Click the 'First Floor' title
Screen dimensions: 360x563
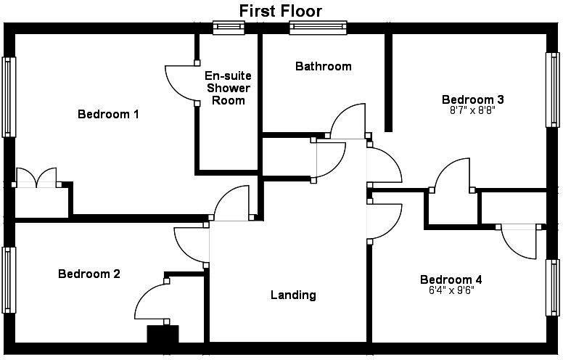click(x=281, y=10)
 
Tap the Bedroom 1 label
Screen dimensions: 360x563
click(x=108, y=114)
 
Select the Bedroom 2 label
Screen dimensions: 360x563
click(x=89, y=274)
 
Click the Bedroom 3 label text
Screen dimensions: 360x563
click(x=473, y=99)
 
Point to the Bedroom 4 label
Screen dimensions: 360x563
click(x=451, y=279)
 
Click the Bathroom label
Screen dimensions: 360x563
click(x=323, y=66)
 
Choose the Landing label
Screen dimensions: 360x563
click(x=293, y=295)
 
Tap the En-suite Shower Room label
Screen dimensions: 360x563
click(x=229, y=88)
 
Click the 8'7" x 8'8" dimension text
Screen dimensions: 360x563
click(x=473, y=112)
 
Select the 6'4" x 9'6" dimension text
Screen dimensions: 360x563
click(x=451, y=292)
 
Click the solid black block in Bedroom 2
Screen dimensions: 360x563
click(x=163, y=335)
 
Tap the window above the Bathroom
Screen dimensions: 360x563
click(x=319, y=28)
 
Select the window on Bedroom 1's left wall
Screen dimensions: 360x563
click(x=9, y=97)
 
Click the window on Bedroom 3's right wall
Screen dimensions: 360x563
click(x=554, y=90)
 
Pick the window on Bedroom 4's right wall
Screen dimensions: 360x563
click(x=554, y=287)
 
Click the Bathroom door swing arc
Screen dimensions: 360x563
click(x=348, y=120)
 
